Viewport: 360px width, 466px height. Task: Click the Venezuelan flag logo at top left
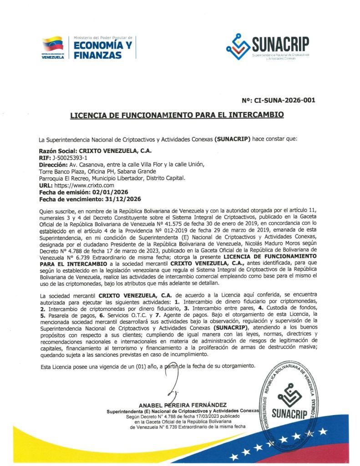click(x=52, y=44)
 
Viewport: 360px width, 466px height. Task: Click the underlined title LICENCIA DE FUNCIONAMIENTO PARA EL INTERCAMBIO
click(x=177, y=115)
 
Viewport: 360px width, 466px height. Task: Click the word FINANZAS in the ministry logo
click(x=97, y=55)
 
